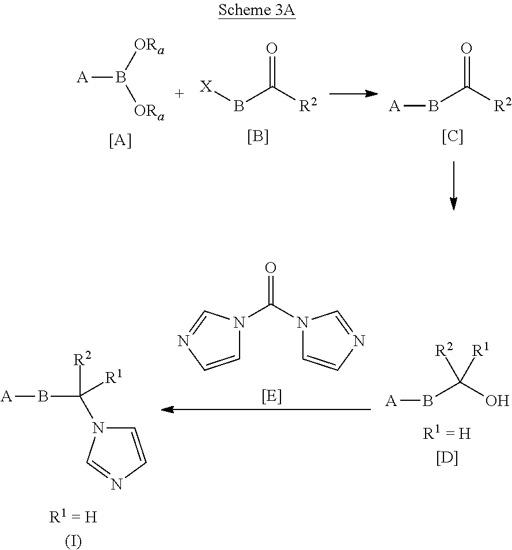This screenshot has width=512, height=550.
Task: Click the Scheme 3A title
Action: click(257, 10)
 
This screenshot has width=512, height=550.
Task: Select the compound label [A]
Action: click(120, 141)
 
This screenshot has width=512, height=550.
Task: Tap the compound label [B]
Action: click(258, 136)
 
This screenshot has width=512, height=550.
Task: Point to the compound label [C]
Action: click(452, 136)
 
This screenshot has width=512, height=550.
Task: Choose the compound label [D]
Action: click(447, 458)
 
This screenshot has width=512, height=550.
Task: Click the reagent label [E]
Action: click(272, 396)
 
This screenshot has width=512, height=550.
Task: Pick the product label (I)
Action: click(73, 541)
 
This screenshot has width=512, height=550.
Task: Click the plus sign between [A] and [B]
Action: click(179, 94)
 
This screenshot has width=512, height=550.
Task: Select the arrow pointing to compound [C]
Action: click(354, 94)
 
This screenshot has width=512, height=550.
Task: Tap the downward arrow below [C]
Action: click(453, 185)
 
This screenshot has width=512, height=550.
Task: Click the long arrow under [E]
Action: click(266, 409)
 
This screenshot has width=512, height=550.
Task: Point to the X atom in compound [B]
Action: click(206, 86)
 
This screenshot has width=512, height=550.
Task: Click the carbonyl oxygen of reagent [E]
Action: click(270, 268)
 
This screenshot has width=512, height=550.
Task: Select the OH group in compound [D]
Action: click(497, 401)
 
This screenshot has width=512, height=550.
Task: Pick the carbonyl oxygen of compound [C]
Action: click(467, 48)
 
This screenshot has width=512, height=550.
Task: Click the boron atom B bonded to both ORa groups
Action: click(120, 78)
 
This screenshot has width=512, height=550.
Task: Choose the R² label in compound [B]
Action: click(308, 105)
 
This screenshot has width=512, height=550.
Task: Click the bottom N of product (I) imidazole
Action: click(116, 484)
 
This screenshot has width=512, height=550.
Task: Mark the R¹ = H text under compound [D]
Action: click(447, 433)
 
